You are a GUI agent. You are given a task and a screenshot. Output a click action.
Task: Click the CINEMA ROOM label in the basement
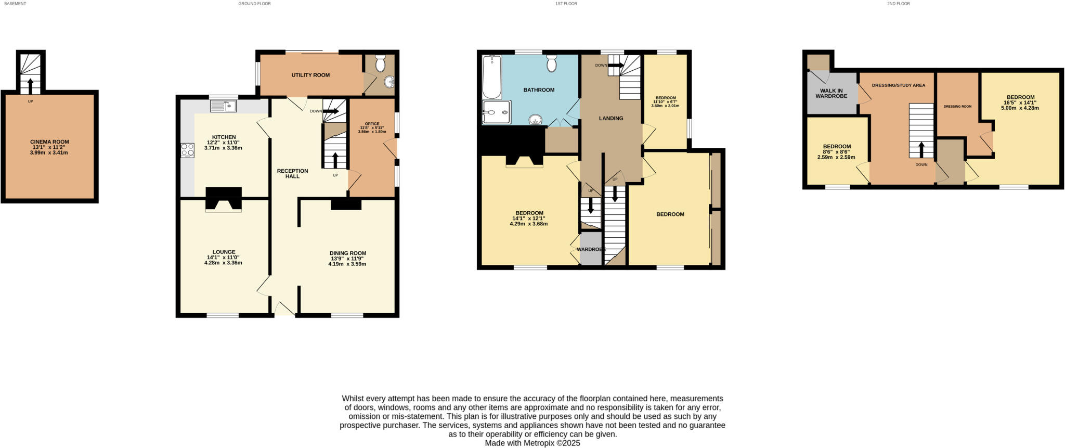point(49,142)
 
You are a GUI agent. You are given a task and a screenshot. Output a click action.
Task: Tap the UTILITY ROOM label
point(310,75)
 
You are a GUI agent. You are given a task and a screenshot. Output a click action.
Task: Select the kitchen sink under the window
point(223,106)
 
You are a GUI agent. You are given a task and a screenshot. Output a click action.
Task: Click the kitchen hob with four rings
point(187,150)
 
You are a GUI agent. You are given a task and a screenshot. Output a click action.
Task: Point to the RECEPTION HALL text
point(292,174)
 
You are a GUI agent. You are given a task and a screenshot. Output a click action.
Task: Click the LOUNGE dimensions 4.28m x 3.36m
point(223,263)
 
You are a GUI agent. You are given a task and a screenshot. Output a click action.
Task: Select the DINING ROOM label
point(347,253)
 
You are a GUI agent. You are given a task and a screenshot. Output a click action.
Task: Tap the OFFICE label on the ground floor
point(372,124)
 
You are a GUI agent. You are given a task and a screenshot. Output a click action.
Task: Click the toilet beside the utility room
point(380,63)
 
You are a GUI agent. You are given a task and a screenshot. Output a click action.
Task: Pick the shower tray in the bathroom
point(496,112)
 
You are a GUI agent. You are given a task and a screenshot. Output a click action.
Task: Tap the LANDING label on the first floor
point(611,118)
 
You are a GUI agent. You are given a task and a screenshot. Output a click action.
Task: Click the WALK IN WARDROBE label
point(831,93)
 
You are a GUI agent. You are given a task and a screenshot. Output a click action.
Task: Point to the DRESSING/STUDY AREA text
point(898,85)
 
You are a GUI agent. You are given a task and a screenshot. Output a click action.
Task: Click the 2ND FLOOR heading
point(898,4)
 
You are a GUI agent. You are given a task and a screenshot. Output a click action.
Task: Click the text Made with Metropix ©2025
point(532,443)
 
